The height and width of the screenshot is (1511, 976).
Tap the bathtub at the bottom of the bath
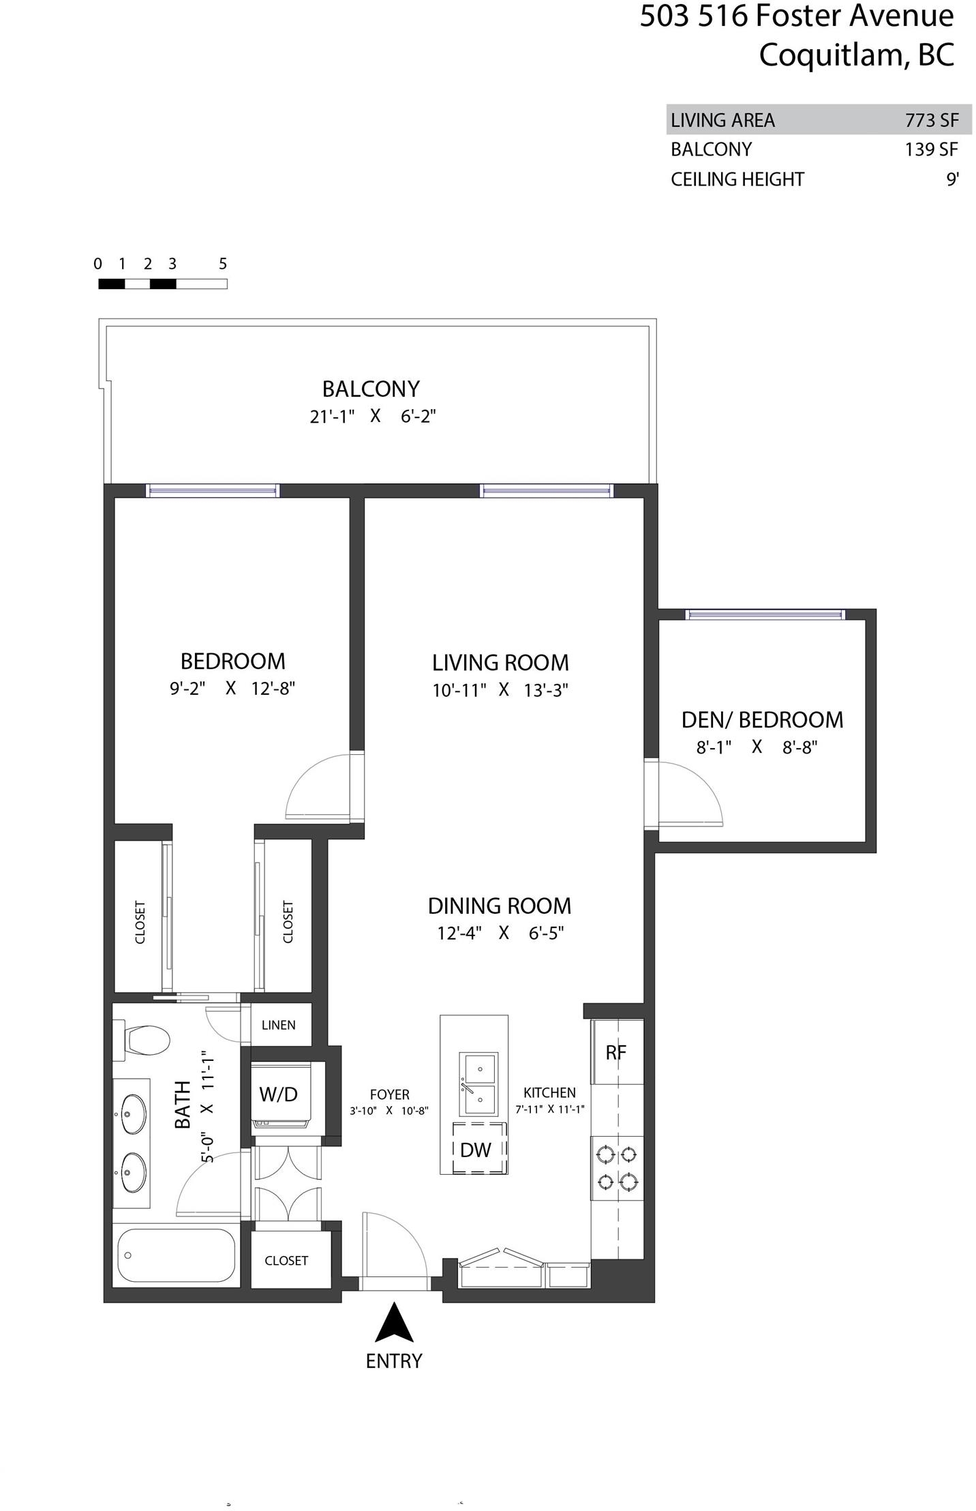point(176,1256)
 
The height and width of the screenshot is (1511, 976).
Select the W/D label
point(279,1094)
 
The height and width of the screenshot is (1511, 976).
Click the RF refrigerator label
point(616,1052)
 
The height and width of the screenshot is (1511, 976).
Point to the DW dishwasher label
point(475,1150)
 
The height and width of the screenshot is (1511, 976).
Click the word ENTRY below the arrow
point(394,1361)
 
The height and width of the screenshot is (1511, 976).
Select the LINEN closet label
point(279,1025)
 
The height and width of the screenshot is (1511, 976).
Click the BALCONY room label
point(371,389)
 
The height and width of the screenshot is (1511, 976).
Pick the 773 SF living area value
point(932,120)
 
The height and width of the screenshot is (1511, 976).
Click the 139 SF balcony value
point(932,149)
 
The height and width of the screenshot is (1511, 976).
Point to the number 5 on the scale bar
point(223,264)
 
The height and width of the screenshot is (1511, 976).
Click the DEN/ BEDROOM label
point(762,719)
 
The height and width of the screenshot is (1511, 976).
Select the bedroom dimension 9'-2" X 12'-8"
point(232,689)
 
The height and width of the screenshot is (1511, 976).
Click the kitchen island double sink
point(479,1083)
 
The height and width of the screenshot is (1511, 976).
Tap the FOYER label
point(390,1094)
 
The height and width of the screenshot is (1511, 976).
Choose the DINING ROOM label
point(500,906)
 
